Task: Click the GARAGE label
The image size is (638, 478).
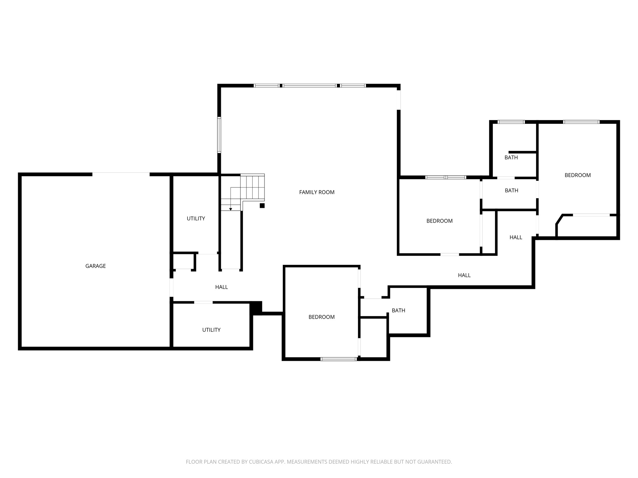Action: (x=95, y=266)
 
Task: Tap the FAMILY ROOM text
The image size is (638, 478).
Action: (x=317, y=192)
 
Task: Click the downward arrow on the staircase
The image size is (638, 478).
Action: (x=231, y=209)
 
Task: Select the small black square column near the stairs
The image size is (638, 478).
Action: (x=262, y=205)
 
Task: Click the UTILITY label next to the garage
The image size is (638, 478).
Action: (x=196, y=218)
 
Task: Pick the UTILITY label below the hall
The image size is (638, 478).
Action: (x=211, y=330)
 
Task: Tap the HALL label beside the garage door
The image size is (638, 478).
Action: (x=221, y=287)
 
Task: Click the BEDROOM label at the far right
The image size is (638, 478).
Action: (x=577, y=175)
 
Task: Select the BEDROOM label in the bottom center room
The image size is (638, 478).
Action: (x=321, y=317)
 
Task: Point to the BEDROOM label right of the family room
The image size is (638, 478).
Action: (x=439, y=221)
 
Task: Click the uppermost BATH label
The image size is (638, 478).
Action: (x=511, y=157)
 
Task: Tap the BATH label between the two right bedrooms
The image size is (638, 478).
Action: (x=511, y=190)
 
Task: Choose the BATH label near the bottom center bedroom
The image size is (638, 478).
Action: (x=398, y=311)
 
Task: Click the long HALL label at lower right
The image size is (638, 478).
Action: (x=464, y=275)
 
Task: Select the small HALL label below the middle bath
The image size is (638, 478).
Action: (x=516, y=237)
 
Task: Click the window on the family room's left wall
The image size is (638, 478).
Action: (x=219, y=135)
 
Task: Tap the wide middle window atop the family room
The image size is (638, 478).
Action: (x=309, y=86)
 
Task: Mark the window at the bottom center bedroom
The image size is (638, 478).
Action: (x=338, y=359)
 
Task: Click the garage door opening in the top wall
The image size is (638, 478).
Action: (x=121, y=174)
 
